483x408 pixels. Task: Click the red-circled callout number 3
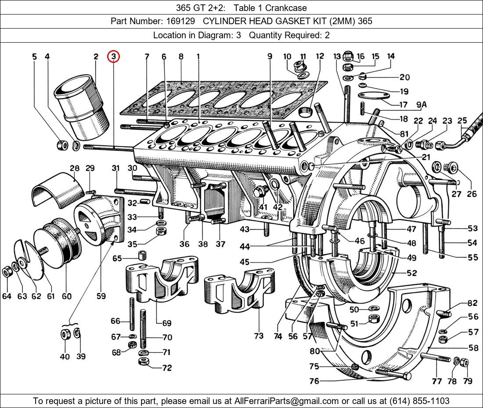click(113, 56)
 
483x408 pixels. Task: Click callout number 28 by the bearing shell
click(74, 168)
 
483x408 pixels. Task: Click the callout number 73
click(259, 336)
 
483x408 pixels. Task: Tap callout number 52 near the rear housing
click(411, 273)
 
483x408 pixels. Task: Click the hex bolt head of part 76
click(407, 376)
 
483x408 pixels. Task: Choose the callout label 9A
click(422, 105)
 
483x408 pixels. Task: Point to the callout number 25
click(462, 120)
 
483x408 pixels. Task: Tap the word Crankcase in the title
click(288, 7)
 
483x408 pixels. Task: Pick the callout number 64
click(7, 296)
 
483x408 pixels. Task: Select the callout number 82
click(472, 303)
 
